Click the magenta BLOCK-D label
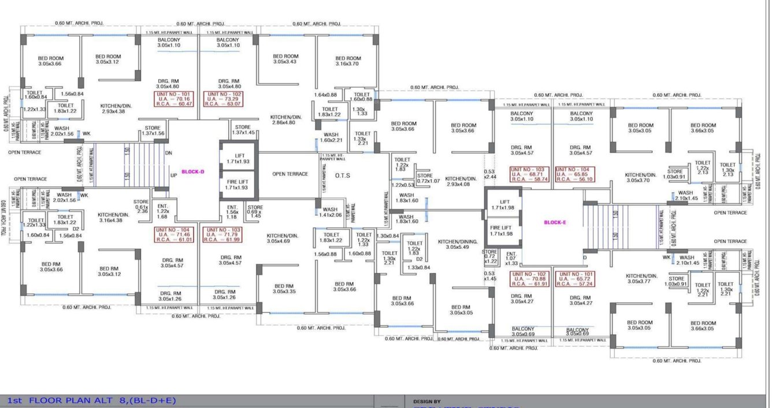point(193,172)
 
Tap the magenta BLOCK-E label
point(555,222)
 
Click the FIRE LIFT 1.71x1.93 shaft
point(237,185)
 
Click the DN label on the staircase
point(169,154)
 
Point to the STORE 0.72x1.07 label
point(425,178)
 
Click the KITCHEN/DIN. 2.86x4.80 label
point(286,120)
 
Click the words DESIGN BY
point(426,401)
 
